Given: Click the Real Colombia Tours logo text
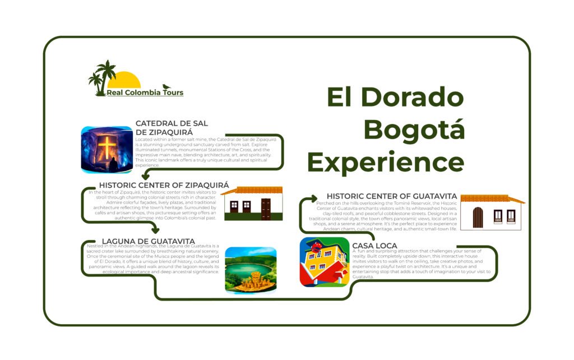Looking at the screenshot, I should (145, 93).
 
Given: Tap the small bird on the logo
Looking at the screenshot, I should (166, 87).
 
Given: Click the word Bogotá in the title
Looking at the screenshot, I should (414, 130).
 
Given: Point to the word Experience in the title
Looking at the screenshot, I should (386, 162).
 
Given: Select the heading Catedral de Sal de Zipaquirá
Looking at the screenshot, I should (172, 127).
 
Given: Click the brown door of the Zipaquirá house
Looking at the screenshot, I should (266, 209).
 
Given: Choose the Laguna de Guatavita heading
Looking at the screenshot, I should (149, 242).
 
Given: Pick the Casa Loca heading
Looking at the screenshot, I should (375, 246).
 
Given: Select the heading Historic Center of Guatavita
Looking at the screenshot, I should (392, 196).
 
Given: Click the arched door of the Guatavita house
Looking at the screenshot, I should (478, 217).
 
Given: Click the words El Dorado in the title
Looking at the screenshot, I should (396, 98).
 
